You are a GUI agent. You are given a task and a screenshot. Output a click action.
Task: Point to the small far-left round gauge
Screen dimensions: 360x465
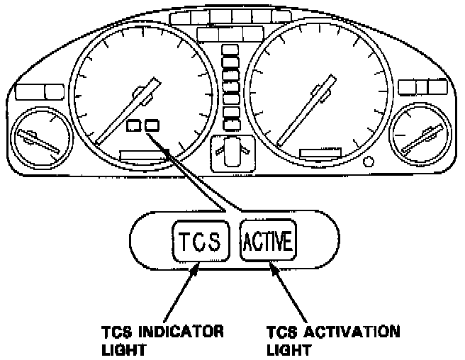(x=39, y=137)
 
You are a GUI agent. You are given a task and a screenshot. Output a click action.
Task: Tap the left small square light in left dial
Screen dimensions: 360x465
(x=134, y=127)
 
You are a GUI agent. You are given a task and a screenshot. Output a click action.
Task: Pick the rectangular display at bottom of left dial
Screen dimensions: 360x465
(x=141, y=154)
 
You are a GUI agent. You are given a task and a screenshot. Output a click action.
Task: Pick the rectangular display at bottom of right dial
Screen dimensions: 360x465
(x=320, y=153)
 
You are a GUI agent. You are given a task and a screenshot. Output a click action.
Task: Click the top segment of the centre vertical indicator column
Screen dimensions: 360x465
(x=230, y=50)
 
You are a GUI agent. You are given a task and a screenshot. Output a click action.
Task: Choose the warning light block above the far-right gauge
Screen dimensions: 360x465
(x=421, y=87)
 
